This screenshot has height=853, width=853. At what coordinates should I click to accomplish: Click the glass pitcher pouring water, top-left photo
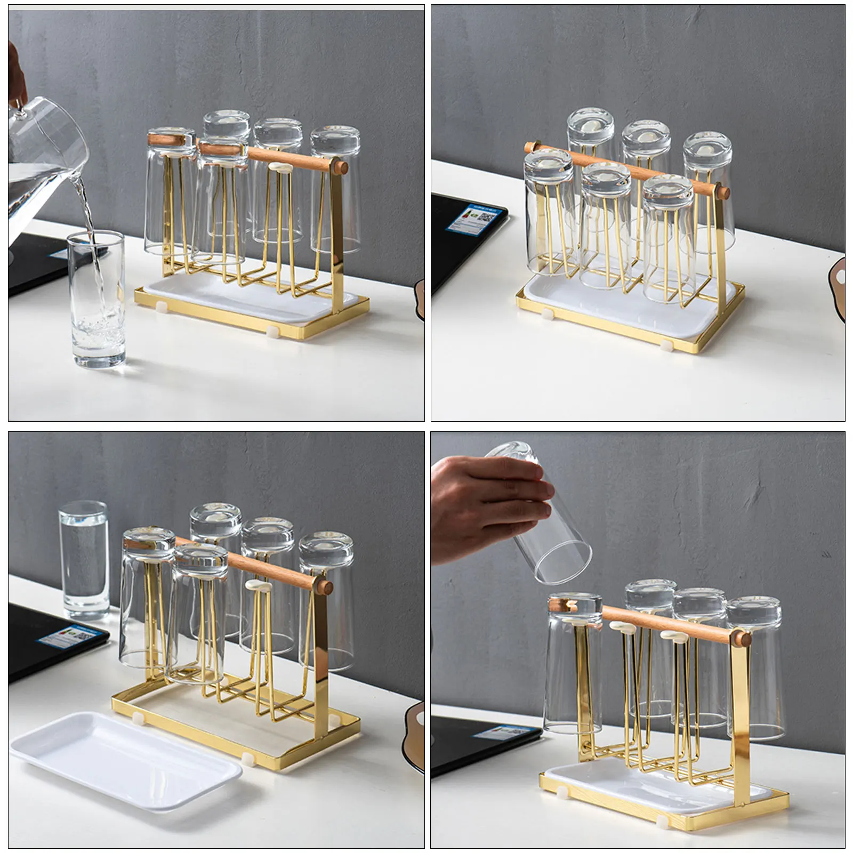43,160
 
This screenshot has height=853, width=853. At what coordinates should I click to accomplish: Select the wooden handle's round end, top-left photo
341,167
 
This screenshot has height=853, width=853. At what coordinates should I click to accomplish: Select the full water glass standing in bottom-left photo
84,560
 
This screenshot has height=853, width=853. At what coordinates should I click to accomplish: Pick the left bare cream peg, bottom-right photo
621,626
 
